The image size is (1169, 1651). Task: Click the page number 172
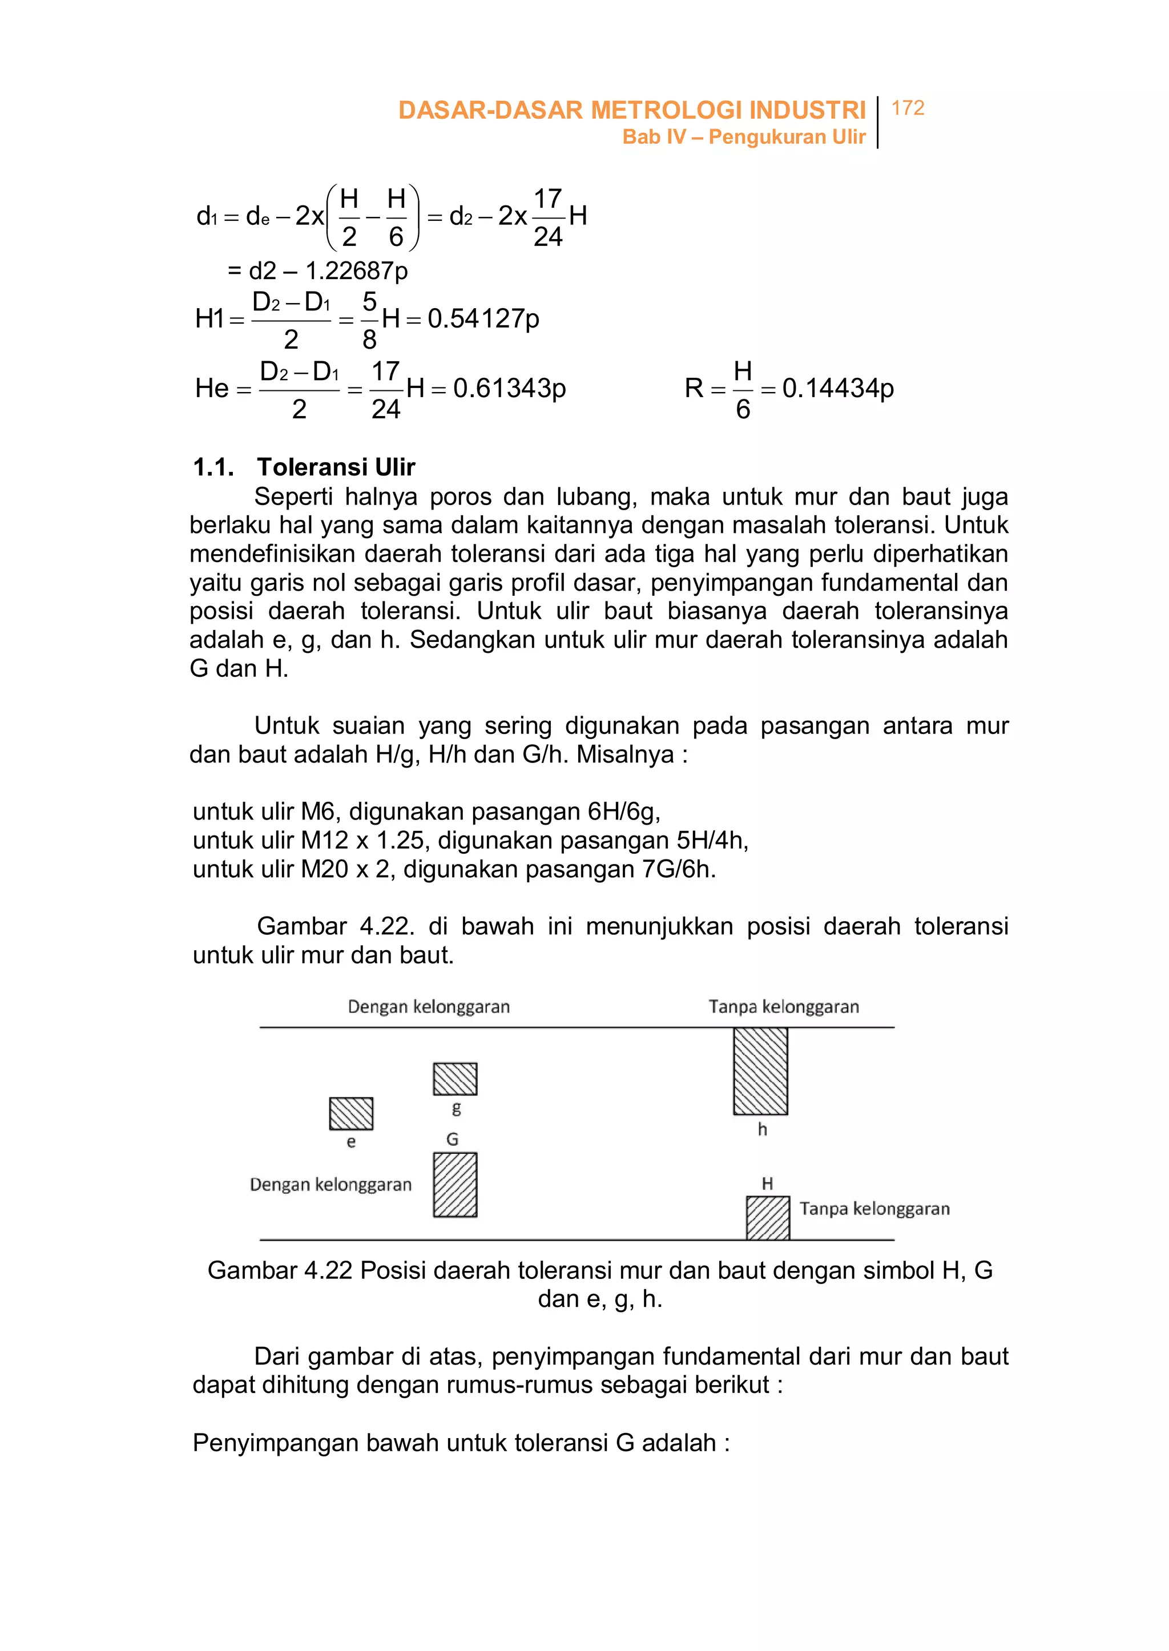(907, 108)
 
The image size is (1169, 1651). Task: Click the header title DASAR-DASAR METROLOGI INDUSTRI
(631, 110)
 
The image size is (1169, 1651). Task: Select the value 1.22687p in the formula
(356, 271)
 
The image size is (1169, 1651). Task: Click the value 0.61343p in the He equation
(509, 388)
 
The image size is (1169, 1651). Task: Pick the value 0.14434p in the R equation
(838, 388)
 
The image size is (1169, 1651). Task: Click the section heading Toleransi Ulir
(336, 467)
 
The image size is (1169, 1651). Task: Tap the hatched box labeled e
(350, 1113)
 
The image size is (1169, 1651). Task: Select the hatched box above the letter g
(455, 1079)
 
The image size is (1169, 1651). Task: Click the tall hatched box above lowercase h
(760, 1071)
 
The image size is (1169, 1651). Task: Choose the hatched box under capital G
(455, 1185)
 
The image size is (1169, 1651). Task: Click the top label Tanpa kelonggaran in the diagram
(783, 1006)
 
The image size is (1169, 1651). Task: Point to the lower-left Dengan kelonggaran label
(330, 1185)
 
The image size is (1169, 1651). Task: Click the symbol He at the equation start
(212, 389)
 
